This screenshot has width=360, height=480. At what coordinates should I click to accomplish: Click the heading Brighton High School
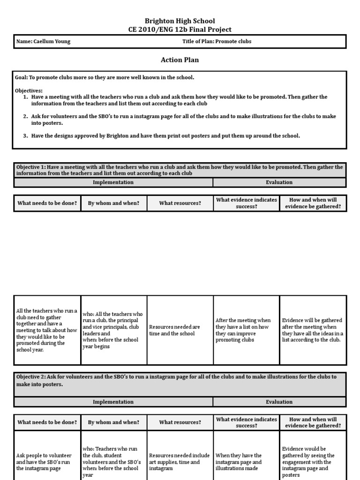point(180,21)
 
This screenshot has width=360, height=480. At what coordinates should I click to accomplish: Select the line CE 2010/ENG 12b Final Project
point(180,29)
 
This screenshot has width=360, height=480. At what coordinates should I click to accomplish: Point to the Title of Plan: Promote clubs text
point(217,41)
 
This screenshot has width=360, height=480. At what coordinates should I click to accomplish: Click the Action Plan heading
point(180,60)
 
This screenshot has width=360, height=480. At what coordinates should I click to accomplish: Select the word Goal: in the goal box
point(22,77)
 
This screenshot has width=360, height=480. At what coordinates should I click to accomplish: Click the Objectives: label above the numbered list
point(29,90)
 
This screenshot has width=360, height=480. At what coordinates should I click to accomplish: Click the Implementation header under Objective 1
point(113,182)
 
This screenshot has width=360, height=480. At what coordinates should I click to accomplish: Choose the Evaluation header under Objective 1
point(279,182)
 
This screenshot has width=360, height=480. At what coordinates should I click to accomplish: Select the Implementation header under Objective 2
point(113,402)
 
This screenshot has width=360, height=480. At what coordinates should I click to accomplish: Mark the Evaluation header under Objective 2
point(279,402)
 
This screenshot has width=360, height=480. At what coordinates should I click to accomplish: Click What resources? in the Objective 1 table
point(180,203)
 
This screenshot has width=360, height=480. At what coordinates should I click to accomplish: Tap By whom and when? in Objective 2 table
point(113,422)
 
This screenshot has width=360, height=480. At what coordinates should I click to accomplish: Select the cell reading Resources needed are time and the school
point(180,330)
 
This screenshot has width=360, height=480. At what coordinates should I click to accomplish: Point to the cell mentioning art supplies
point(180,462)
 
